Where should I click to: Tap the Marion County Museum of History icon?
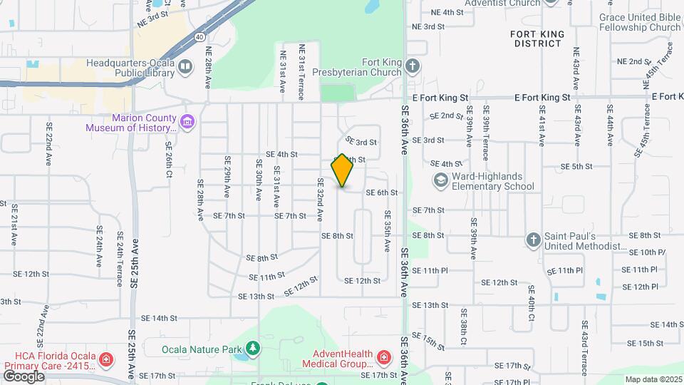(x=187, y=121)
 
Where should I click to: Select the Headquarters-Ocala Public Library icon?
(x=185, y=67)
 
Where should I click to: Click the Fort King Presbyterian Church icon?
(x=413, y=67)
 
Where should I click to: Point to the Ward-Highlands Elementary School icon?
(x=440, y=181)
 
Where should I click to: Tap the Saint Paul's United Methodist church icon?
(x=534, y=240)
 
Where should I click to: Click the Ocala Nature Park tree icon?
(x=252, y=349)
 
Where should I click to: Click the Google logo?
(x=24, y=376)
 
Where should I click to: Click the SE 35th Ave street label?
(x=388, y=230)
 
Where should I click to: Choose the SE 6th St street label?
(x=381, y=192)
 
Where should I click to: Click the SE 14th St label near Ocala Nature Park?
(x=158, y=318)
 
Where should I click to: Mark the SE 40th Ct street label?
(x=532, y=303)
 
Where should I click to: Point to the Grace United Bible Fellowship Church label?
(x=639, y=22)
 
